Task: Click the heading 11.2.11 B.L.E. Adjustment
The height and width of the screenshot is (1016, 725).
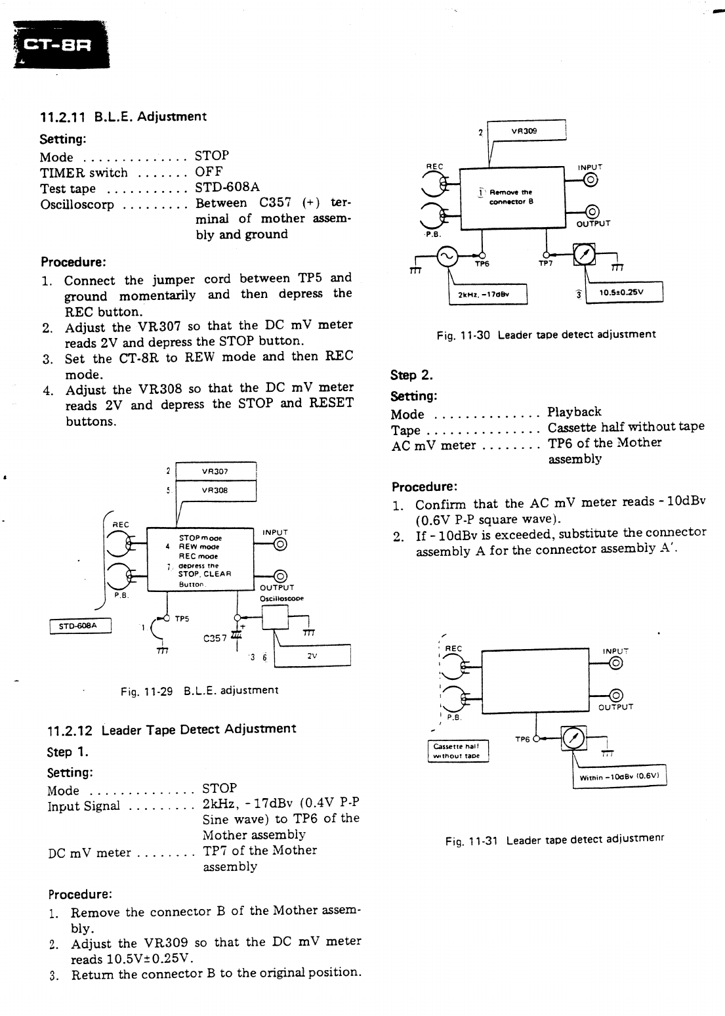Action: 123,117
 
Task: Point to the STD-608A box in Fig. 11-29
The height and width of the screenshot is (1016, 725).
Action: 81,626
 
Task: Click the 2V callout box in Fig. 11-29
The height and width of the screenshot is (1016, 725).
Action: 312,655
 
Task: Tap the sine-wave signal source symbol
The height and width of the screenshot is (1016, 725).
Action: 448,256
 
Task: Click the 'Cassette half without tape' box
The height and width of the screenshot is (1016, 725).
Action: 457,751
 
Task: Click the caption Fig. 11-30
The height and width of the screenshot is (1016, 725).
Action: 546,335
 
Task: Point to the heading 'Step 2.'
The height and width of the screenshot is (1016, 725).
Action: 412,375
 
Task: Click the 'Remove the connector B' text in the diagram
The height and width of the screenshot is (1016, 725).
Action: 515,197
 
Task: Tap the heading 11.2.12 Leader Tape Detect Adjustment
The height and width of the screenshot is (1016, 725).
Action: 172,729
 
